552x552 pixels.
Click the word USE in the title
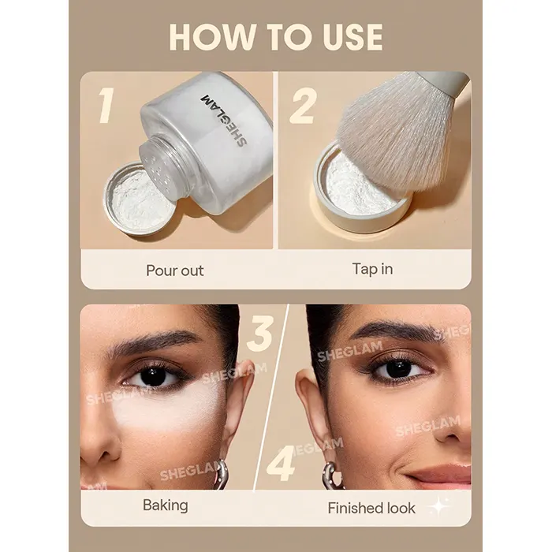click(x=353, y=37)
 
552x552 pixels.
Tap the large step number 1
click(x=106, y=105)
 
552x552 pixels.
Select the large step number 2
click(x=303, y=106)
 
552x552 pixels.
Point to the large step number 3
click(x=260, y=333)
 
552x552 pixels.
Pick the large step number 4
click(x=281, y=464)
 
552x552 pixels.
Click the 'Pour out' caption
click(x=174, y=270)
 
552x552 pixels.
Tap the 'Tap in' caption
click(x=372, y=269)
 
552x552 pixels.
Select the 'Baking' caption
click(x=165, y=506)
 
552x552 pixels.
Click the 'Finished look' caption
click(x=371, y=508)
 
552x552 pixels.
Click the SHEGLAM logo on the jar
click(x=223, y=120)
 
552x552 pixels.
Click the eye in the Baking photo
click(x=155, y=376)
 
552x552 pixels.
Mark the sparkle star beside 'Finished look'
click(x=439, y=506)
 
